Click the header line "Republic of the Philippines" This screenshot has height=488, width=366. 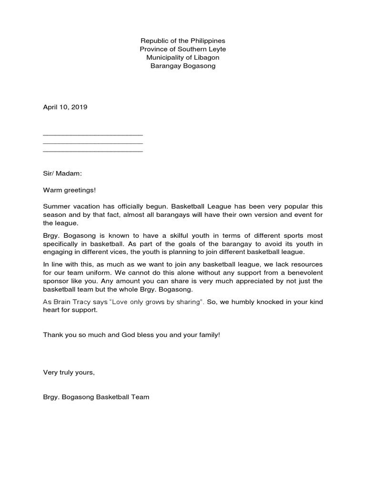[x=183, y=41]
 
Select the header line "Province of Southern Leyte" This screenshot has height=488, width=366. [x=183, y=49]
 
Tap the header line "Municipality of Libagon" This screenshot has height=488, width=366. [x=183, y=58]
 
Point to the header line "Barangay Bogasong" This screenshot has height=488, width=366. [x=183, y=66]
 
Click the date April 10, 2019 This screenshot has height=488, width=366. [x=65, y=107]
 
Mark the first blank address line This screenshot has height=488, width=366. [x=93, y=135]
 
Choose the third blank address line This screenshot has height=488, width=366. [x=93, y=151]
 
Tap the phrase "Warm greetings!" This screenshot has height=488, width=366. [x=70, y=190]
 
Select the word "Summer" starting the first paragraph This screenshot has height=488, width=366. [x=56, y=206]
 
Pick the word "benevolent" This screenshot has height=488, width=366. [x=303, y=272]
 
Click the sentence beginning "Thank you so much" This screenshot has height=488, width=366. [x=132, y=335]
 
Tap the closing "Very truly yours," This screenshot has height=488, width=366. [x=69, y=372]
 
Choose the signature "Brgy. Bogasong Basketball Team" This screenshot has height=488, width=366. [x=96, y=396]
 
